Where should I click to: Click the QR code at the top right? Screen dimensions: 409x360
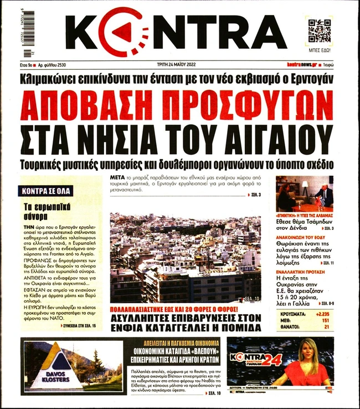tap(319, 30)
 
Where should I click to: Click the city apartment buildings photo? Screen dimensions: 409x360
tap(185, 257)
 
